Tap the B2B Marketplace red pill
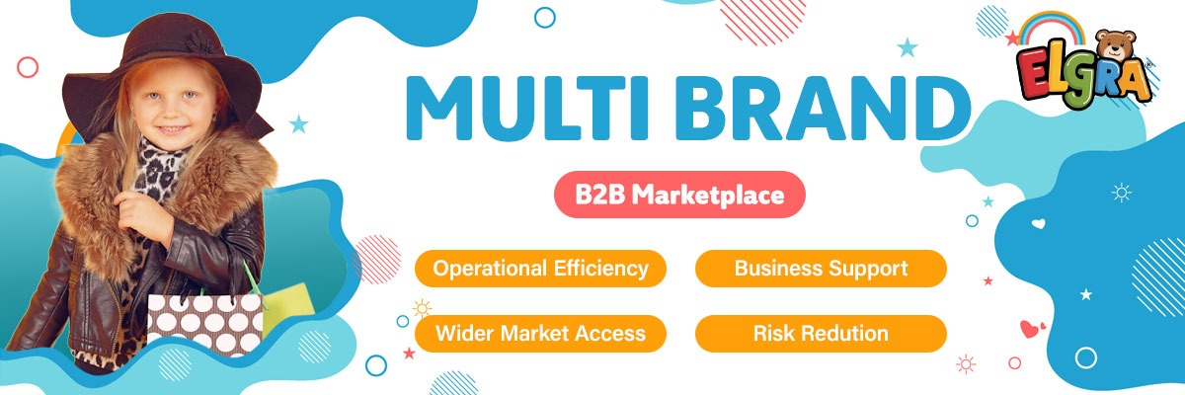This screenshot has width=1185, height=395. (678, 196)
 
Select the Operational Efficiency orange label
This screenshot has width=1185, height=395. (540, 268)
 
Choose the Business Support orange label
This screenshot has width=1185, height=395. (821, 268)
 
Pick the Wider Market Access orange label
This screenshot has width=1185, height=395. (540, 333)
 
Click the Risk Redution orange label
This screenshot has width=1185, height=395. (821, 333)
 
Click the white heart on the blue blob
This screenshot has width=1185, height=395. (1038, 223)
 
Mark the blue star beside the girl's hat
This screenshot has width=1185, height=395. (298, 123)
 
